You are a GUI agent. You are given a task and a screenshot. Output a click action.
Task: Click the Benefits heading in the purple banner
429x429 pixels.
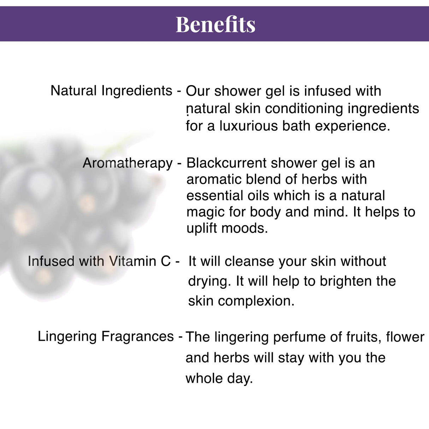tap(215, 24)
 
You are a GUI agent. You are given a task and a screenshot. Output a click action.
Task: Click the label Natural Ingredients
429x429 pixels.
tap(111, 91)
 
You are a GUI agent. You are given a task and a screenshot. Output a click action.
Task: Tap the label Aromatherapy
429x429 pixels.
tap(128, 163)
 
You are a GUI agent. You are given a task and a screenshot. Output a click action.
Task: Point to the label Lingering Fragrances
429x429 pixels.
tap(106, 336)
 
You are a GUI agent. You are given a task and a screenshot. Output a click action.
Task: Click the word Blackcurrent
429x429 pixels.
tap(227, 163)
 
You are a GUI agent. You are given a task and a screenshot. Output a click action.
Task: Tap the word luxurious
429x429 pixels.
tap(248, 126)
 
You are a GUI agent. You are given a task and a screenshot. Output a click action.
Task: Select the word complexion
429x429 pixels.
tap(256, 301)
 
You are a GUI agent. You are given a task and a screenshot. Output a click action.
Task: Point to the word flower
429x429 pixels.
tap(405, 337)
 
